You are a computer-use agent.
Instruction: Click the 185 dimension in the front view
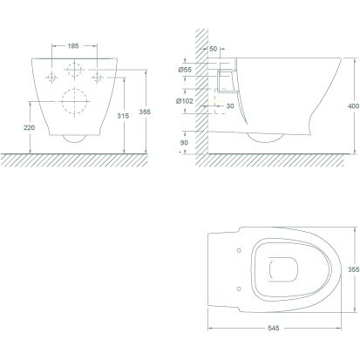pos(73,46)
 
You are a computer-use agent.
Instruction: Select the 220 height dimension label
pos(30,127)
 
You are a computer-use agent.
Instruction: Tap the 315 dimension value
pos(123,116)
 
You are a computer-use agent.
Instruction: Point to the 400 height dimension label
pos(353,106)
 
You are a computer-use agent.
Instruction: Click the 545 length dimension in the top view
pos(274,328)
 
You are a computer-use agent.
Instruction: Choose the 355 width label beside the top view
pos(354,269)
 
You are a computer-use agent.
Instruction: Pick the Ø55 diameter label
pos(185,70)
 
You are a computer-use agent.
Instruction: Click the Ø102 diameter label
pos(185,101)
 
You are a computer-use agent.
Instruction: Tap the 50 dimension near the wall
pos(214,49)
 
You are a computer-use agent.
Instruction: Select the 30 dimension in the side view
pos(230,106)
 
